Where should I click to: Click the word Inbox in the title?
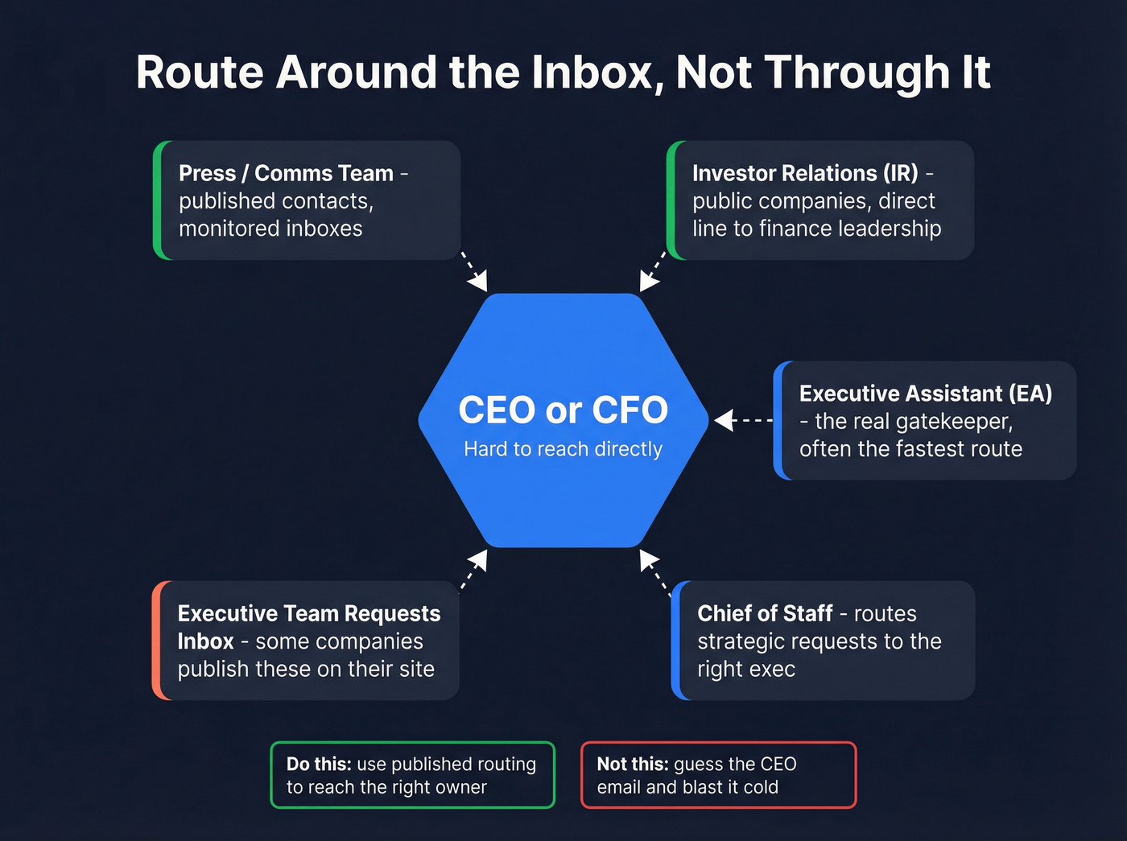[x=592, y=72]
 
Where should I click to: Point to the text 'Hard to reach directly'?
[x=563, y=449]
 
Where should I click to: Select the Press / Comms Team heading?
[x=286, y=173]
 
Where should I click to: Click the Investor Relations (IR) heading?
[x=805, y=173]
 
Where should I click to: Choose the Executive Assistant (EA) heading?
[x=926, y=394]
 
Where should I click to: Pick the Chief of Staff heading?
[x=765, y=613]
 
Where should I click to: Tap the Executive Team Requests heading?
[x=309, y=613]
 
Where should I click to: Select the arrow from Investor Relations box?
[x=653, y=271]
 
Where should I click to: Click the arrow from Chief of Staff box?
[x=654, y=571]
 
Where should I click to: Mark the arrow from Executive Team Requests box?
[x=474, y=570]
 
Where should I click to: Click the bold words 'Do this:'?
[x=319, y=764]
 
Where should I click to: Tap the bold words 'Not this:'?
[x=633, y=764]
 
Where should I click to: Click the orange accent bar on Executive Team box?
[x=158, y=640]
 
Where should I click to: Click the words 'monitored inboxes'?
[x=270, y=229]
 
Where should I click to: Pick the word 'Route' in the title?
[x=200, y=72]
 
